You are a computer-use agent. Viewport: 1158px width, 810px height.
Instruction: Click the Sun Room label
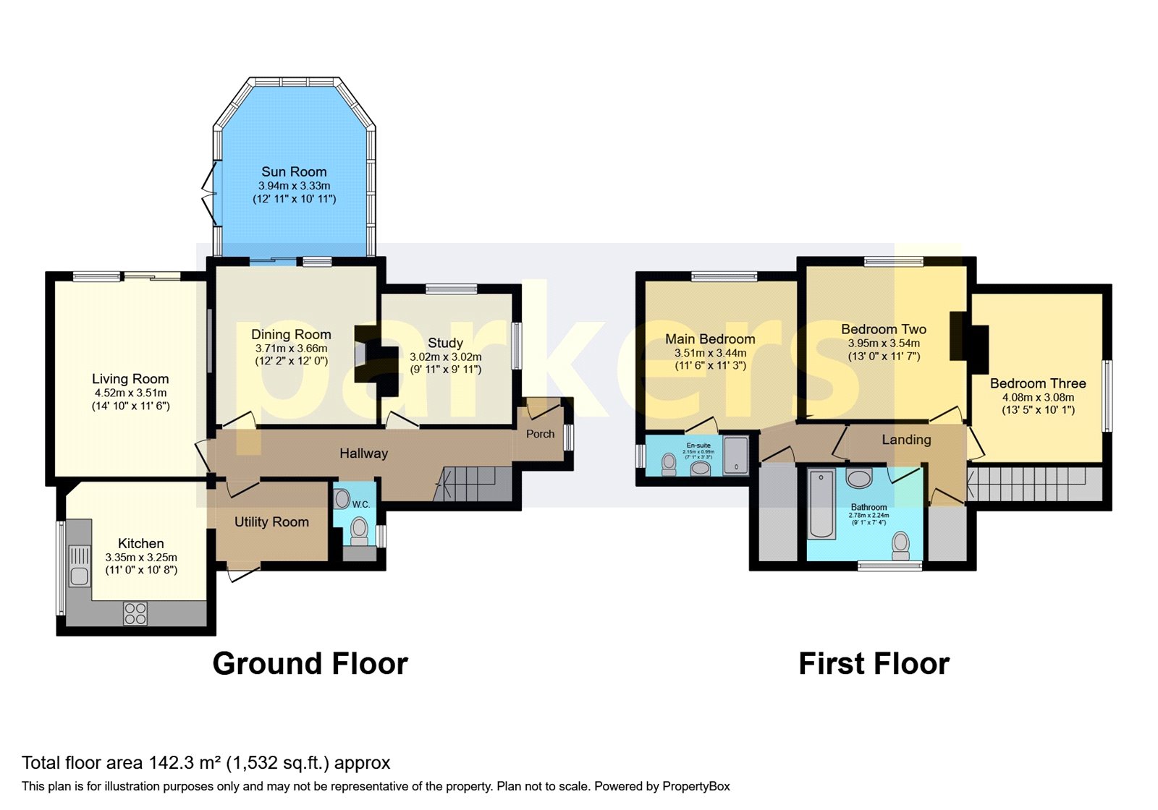tap(294, 171)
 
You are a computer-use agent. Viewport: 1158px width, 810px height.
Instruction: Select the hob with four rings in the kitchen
tap(135, 613)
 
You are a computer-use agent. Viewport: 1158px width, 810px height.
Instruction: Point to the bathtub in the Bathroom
tap(821, 504)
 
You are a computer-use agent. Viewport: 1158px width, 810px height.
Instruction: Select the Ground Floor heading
tap(310, 663)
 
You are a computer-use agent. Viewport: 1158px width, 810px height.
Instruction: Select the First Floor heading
tap(874, 663)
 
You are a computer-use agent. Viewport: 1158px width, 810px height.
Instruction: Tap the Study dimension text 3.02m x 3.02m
tap(445, 357)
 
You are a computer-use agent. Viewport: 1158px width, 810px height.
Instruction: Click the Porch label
tap(540, 434)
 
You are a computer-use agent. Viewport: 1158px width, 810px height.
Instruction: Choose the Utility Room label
tap(271, 521)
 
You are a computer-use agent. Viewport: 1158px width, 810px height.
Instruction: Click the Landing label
tap(906, 440)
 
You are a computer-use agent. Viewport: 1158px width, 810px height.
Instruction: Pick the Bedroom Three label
tap(1037, 383)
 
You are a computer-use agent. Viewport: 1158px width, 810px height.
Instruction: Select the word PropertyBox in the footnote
tap(696, 786)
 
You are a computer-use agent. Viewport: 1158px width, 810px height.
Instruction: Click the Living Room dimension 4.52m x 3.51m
tap(130, 393)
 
